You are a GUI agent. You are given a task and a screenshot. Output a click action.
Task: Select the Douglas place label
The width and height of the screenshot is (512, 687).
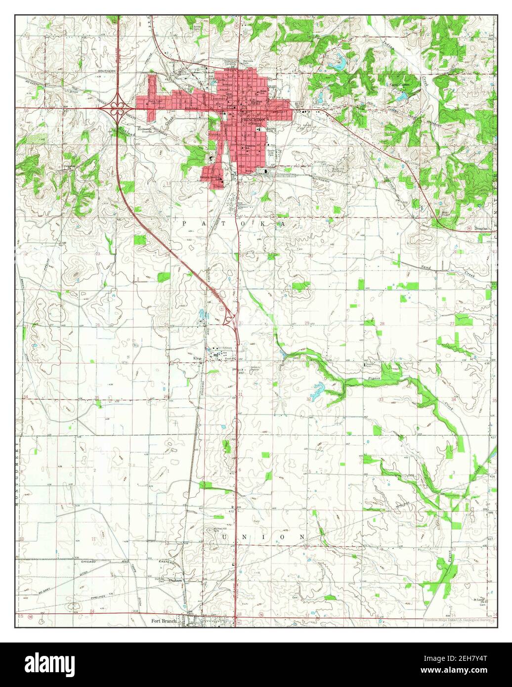481,229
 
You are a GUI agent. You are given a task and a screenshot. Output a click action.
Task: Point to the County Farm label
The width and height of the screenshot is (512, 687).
369,365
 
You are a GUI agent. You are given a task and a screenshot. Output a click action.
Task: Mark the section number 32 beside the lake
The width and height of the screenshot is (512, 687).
309,399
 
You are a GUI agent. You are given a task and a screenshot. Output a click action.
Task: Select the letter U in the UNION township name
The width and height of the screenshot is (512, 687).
226,537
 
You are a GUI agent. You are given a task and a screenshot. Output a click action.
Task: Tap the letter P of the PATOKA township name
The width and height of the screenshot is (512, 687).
184,224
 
